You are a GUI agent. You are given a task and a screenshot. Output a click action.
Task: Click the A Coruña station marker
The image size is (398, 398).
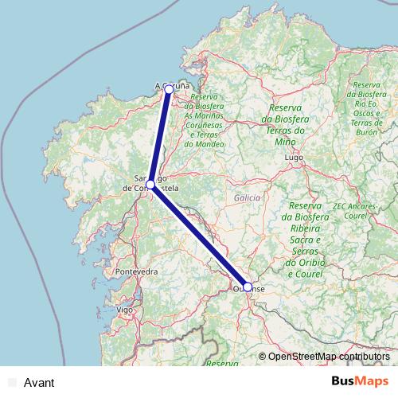(169, 90)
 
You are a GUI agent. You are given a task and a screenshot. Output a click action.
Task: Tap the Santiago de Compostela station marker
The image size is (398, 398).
(150, 185)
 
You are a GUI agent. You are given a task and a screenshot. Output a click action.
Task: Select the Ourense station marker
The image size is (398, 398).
(248, 287)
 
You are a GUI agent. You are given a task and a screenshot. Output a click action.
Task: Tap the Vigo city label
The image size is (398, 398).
(124, 308)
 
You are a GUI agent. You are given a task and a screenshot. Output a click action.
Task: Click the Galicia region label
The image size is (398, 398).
(248, 197)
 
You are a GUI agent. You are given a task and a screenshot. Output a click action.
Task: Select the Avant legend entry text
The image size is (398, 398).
(39, 383)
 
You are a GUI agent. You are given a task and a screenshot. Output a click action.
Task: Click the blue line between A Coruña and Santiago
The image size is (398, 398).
(159, 138)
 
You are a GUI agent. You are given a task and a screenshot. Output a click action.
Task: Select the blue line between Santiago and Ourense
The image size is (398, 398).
(199, 236)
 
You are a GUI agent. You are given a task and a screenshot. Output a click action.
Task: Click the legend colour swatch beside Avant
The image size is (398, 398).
(11, 383)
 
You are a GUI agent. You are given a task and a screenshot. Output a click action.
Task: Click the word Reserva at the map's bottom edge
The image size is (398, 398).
(222, 363)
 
